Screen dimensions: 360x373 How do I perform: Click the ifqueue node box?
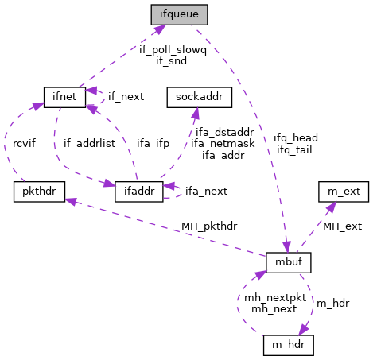pos(179,14)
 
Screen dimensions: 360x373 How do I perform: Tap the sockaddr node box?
pos(198,96)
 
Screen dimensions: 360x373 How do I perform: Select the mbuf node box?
pos(288,261)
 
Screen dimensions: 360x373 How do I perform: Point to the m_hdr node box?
pos(289,345)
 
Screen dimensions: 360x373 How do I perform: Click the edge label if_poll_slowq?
pos(173,49)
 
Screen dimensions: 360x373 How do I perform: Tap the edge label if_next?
pos(126,96)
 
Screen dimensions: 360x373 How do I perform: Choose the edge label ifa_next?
pos(206,191)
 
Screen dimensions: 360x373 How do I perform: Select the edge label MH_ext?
pos(341,226)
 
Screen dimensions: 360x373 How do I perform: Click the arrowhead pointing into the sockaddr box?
pos(196,111)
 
